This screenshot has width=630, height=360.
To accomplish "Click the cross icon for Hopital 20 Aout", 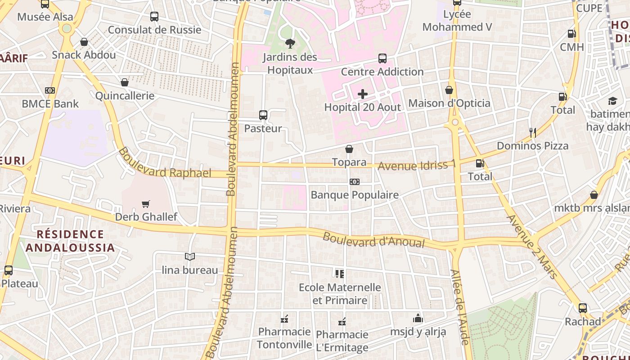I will [363, 94].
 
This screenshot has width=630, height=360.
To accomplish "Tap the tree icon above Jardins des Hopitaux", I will [290, 44].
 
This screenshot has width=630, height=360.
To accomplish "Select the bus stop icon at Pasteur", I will [263, 115].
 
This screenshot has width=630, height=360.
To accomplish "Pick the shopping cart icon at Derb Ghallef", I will [145, 204].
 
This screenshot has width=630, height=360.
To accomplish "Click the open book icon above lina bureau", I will [190, 256].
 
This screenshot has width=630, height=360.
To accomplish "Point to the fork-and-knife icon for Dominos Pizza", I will [533, 132].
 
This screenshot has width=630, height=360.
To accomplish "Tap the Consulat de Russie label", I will [154, 30].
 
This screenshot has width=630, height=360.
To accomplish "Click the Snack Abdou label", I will [84, 55].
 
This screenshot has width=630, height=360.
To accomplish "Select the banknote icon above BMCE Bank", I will [50, 90].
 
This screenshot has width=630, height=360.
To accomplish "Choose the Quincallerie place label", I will [125, 95].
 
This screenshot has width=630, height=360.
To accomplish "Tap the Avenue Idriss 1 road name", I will [416, 165].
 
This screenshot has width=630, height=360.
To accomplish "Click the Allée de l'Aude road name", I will [459, 307].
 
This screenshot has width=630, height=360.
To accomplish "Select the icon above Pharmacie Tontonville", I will [284, 319].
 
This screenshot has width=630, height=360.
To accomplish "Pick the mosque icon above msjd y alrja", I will [418, 318].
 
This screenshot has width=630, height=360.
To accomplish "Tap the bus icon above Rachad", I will [583, 308].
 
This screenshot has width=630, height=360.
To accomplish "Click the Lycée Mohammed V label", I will [457, 21].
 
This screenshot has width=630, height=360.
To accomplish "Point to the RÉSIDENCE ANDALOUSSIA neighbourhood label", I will [70, 241].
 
